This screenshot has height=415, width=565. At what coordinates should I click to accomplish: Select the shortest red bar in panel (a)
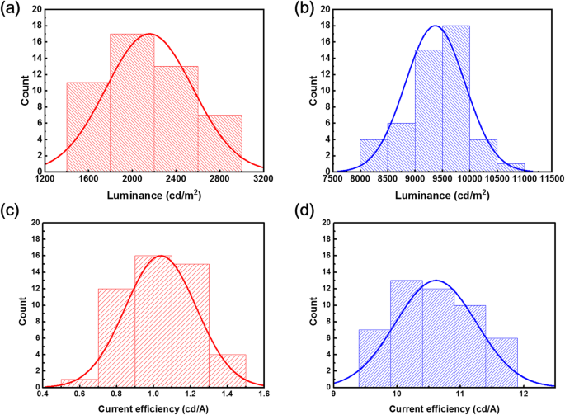pyautogui.click(x=219, y=143)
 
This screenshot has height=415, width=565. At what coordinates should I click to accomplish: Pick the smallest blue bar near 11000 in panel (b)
pyautogui.click(x=511, y=167)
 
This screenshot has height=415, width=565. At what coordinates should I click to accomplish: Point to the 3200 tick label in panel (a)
pyautogui.click(x=263, y=179)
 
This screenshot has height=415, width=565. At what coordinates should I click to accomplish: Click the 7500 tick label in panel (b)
pyautogui.click(x=332, y=179)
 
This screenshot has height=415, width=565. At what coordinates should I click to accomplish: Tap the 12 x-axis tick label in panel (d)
pyautogui.click(x=523, y=394)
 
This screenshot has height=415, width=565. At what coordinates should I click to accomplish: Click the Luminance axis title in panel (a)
pyautogui.click(x=153, y=195)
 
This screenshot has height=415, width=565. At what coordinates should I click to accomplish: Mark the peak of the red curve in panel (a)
pyautogui.click(x=149, y=34)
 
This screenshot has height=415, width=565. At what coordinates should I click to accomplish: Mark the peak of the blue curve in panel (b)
pyautogui.click(x=436, y=26)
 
